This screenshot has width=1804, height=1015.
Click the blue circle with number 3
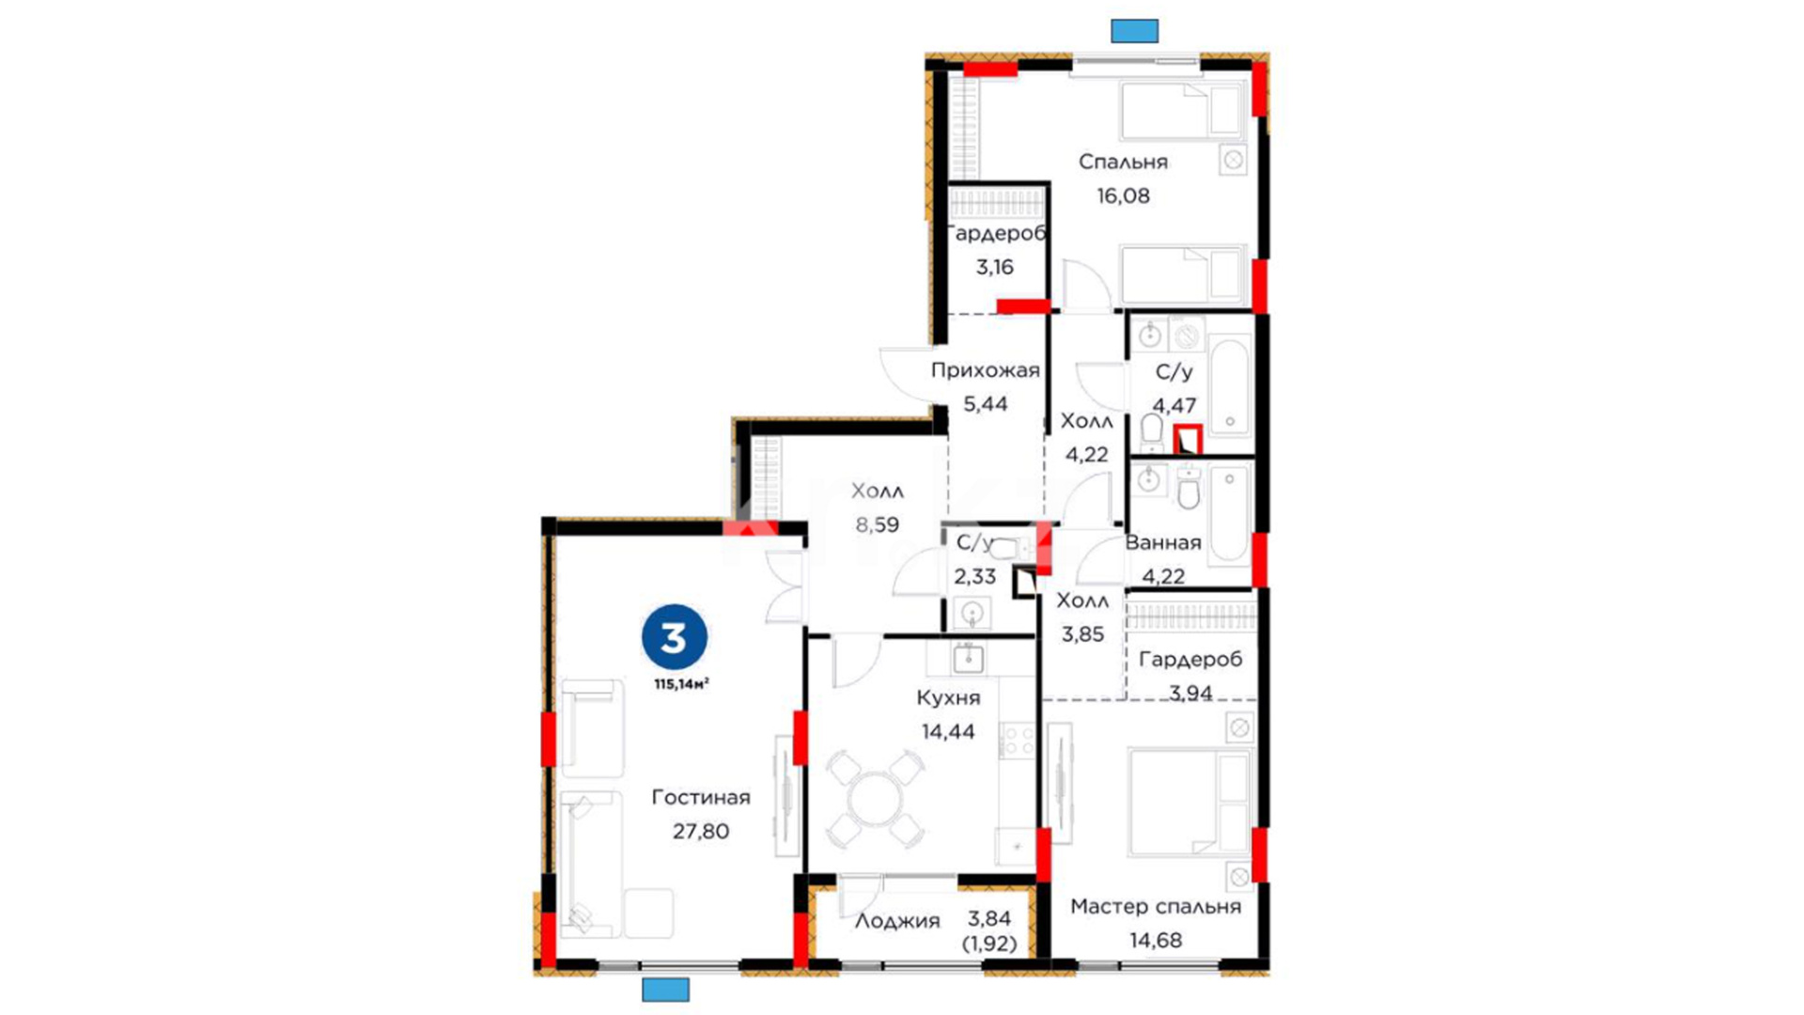point(675,638)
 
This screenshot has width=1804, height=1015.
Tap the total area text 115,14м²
point(682,684)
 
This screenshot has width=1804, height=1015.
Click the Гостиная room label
point(701,797)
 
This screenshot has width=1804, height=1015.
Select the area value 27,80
point(701,831)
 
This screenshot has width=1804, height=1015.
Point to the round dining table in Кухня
point(875,800)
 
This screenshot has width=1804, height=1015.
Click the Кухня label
point(948,698)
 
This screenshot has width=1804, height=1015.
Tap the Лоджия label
point(897,922)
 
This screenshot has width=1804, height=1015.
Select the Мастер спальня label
point(1156,907)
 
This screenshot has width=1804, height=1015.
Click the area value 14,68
point(1156,940)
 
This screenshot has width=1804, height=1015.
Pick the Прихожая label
point(986,370)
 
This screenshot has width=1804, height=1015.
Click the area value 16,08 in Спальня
point(1124,195)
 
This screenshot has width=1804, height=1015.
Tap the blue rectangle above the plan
point(1135,31)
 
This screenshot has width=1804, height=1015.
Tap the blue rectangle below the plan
point(666,990)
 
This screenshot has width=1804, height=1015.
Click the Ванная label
point(1163,542)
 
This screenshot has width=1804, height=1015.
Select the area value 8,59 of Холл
point(878,524)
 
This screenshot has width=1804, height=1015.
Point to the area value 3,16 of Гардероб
point(995,267)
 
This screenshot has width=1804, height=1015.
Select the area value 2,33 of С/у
point(974,576)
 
